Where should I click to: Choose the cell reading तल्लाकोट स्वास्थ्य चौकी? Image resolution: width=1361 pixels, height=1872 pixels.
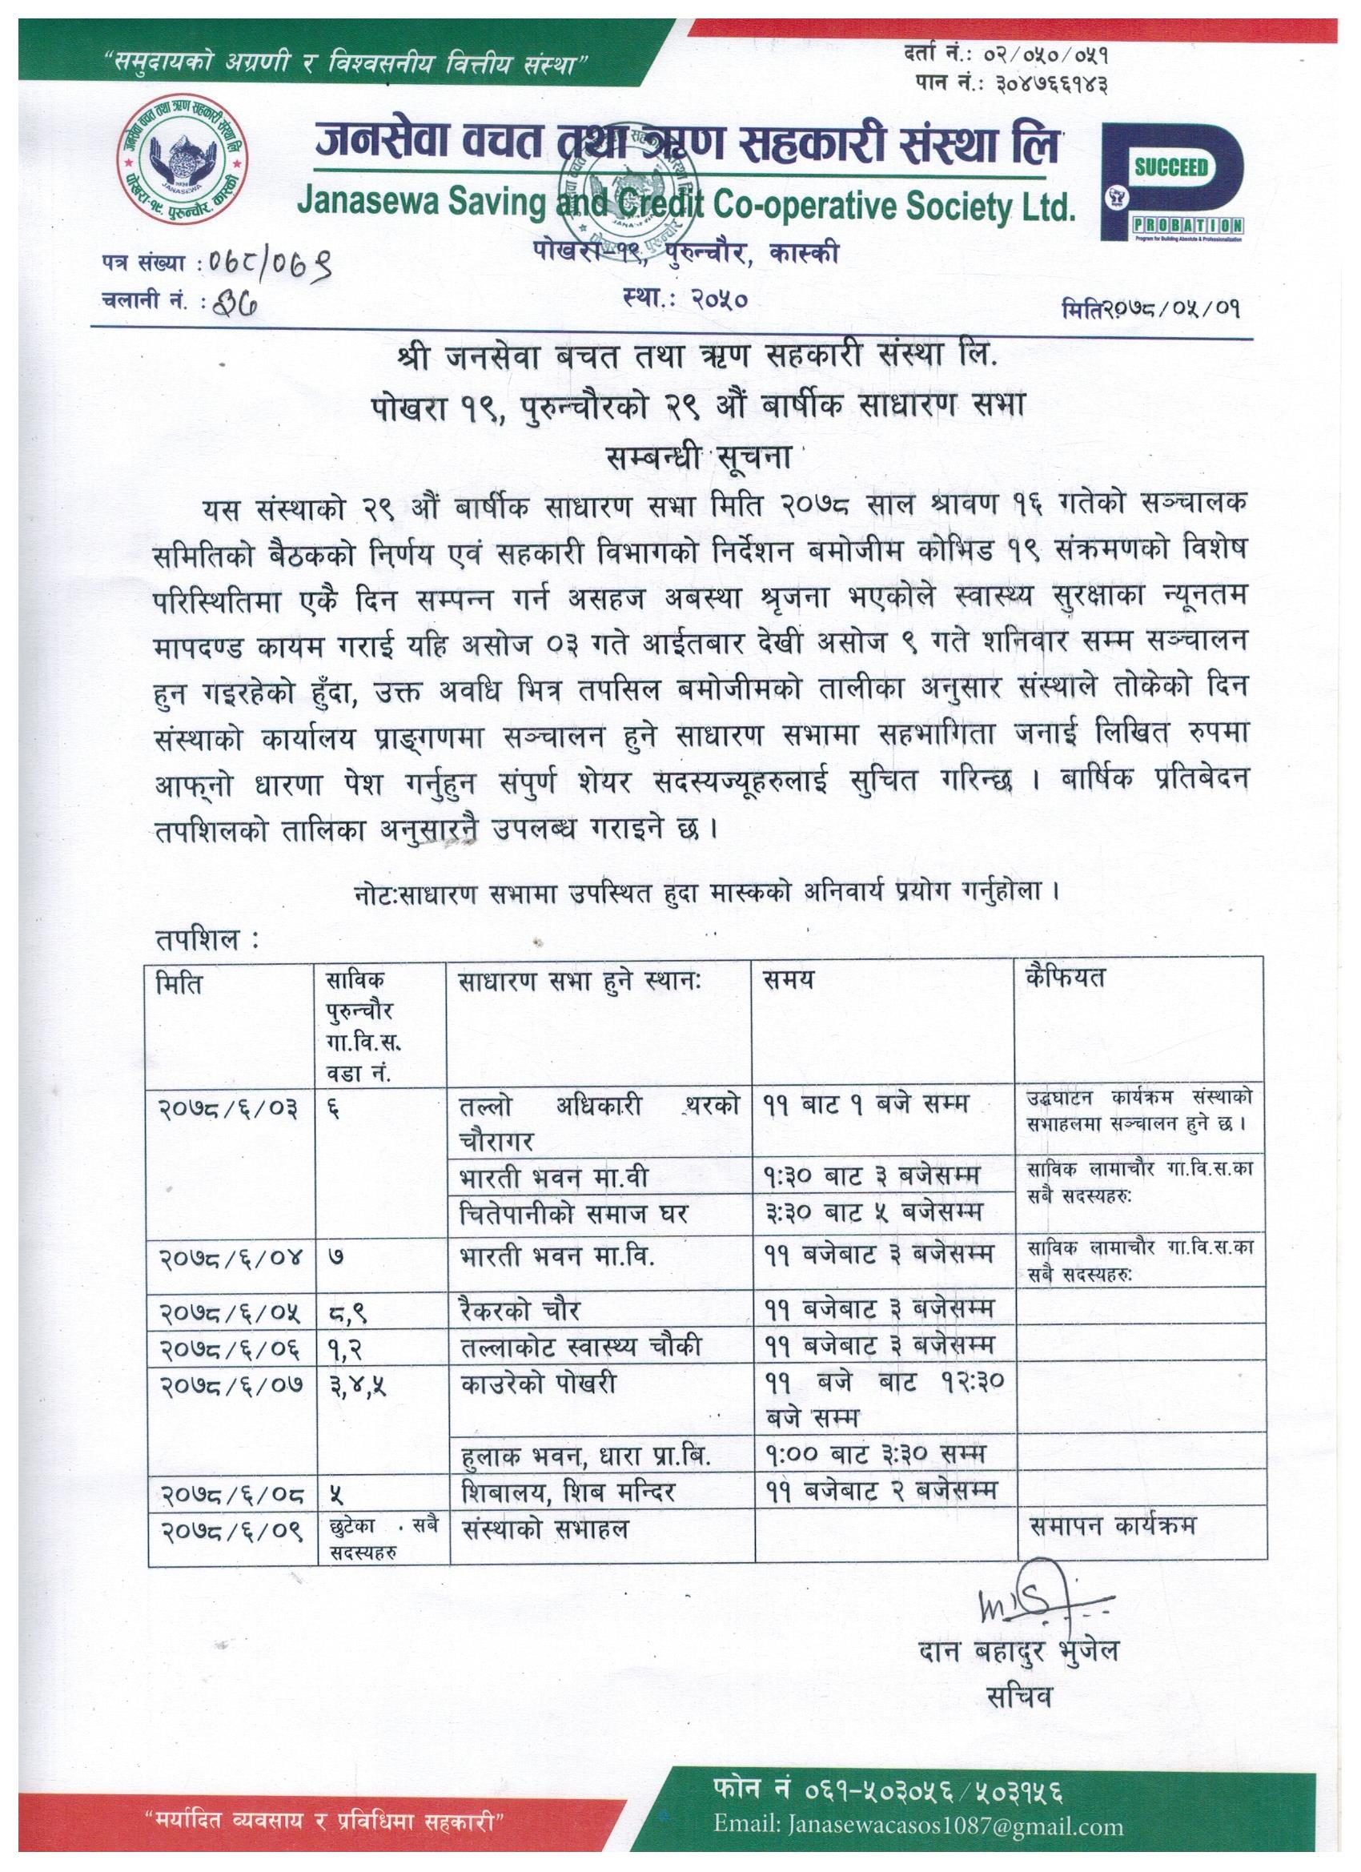click(581, 1345)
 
